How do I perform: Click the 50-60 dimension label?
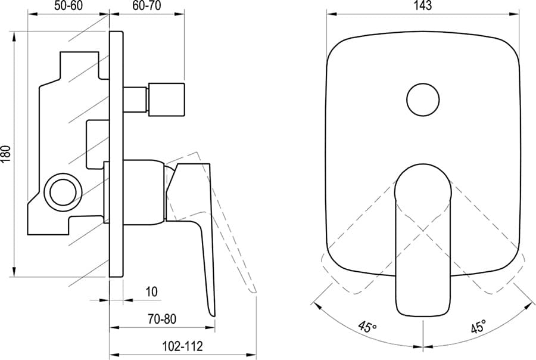pyautogui.click(x=68, y=6)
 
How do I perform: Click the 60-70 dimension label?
pyautogui.click(x=147, y=6)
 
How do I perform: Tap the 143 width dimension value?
pyautogui.click(x=423, y=6)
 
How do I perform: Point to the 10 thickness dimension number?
pyautogui.click(x=152, y=292)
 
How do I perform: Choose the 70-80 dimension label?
pyautogui.click(x=162, y=319)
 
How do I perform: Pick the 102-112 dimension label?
pyautogui.click(x=182, y=346)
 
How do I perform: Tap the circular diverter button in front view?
pyautogui.click(x=423, y=100)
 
